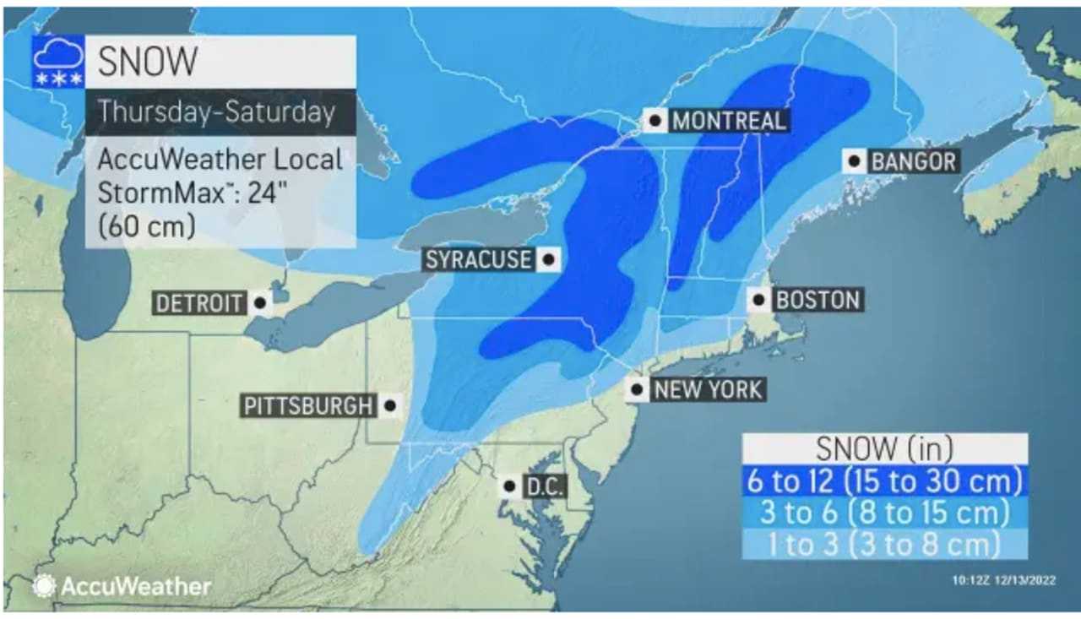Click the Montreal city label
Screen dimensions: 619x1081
click(728, 121)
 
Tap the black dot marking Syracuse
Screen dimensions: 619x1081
click(547, 260)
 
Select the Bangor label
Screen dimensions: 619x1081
click(913, 160)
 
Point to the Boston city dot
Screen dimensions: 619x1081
click(759, 300)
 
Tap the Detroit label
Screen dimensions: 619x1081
click(199, 303)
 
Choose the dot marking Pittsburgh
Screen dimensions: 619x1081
click(389, 406)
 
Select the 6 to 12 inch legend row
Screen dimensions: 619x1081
click(884, 481)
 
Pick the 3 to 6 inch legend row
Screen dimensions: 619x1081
click(884, 513)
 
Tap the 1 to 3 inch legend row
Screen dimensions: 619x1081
click(884, 544)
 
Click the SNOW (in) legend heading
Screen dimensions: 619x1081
click(884, 449)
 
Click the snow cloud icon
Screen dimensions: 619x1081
click(58, 62)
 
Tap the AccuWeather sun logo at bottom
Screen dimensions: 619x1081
click(44, 585)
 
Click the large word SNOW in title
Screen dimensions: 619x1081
click(148, 62)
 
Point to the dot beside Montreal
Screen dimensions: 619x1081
click(655, 121)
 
